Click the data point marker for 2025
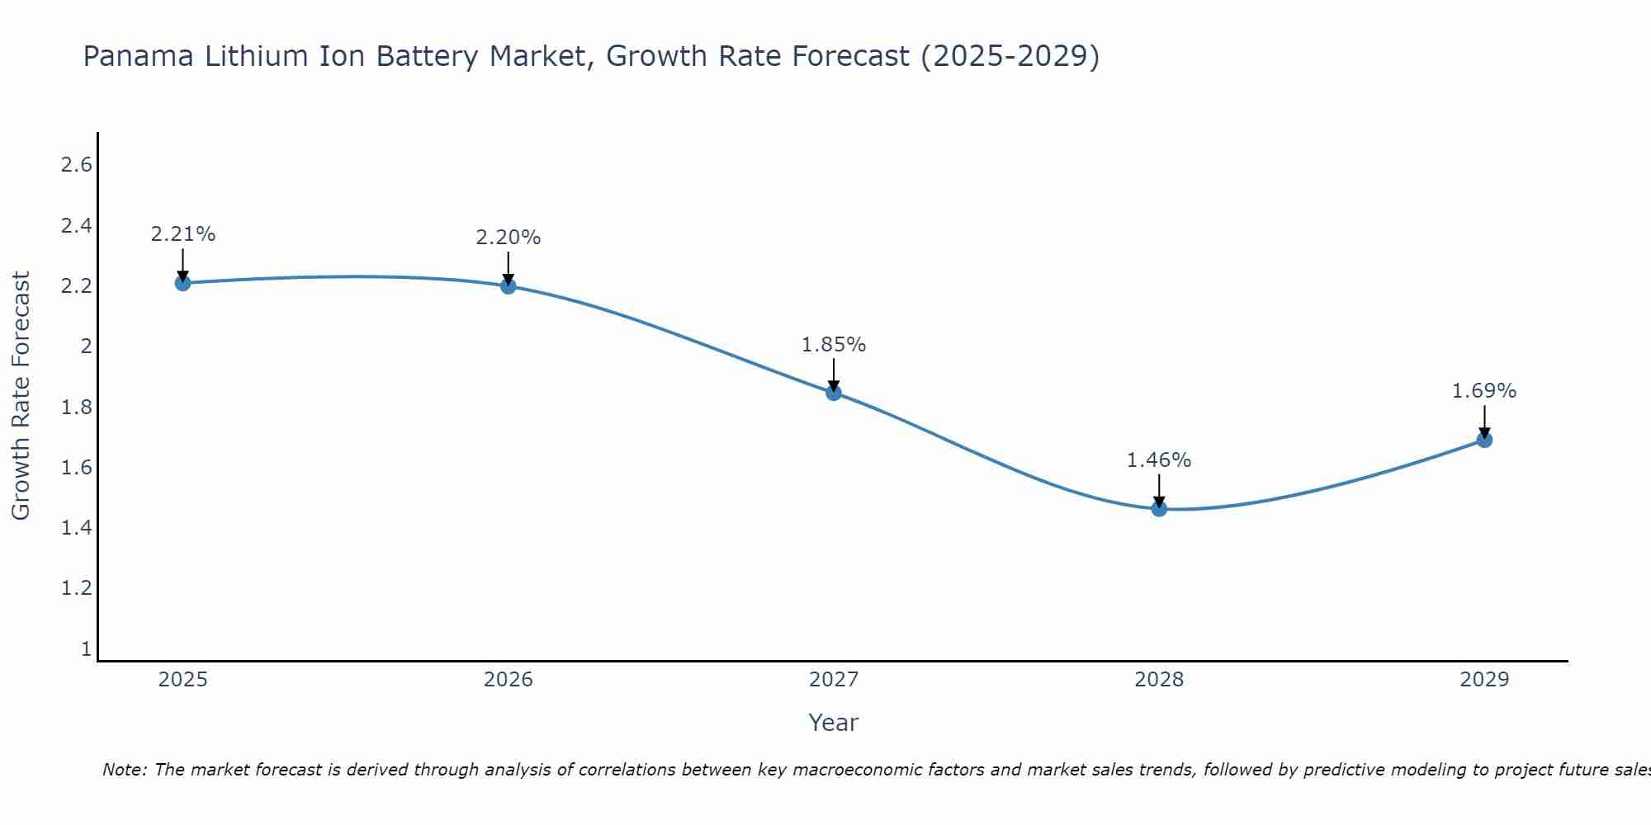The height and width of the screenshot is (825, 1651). pos(182,283)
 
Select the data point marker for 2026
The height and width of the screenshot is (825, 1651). pos(508,286)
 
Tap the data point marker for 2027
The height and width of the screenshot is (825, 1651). pos(834,393)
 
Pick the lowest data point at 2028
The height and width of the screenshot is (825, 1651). pos(1159,509)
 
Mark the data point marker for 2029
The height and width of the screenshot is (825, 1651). pos(1484,440)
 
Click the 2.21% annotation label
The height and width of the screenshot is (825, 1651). pos(182,234)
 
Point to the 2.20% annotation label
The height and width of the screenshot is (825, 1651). pos(508,238)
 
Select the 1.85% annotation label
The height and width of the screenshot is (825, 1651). pos(834,345)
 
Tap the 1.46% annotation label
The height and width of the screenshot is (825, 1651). pos(1159,460)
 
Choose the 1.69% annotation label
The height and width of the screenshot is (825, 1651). pos(1484,391)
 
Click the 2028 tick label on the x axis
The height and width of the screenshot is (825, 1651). pos(1159,680)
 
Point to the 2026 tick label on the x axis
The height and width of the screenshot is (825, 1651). pos(508,680)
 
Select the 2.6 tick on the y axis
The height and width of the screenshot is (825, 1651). pos(77,165)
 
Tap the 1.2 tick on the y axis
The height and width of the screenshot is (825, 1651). pos(77,588)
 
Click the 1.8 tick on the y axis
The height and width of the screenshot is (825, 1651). pos(77,407)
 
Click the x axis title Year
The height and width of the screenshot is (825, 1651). pos(834,723)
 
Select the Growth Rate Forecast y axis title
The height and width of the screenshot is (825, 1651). pos(21,396)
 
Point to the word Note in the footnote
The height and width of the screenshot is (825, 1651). pos(123,770)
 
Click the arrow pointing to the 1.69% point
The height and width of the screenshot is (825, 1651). pos(1484,421)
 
